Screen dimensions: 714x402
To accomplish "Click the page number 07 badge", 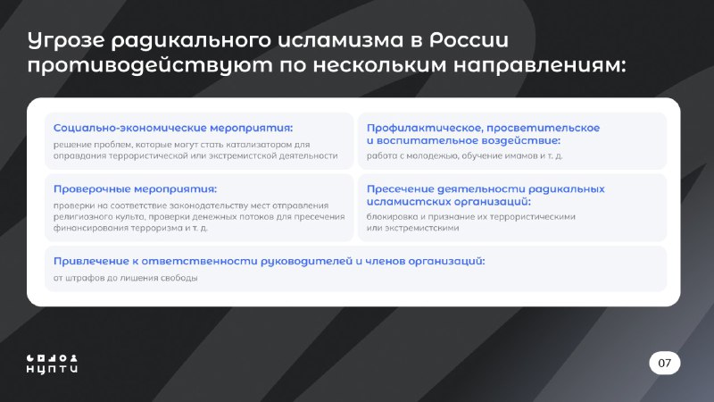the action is [x=664, y=363].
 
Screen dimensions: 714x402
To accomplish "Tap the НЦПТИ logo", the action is [x=52, y=364].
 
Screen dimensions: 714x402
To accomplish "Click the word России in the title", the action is [x=469, y=40].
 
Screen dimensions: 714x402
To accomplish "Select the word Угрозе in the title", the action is [x=66, y=41].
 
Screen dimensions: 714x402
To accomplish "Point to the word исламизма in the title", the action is [x=341, y=40].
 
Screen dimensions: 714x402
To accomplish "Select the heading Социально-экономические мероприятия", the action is [x=173, y=128].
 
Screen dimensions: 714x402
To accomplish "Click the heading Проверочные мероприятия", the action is [x=136, y=189].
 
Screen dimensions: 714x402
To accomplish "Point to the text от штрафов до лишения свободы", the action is [x=125, y=278].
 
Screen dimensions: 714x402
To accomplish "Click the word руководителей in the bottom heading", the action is [x=306, y=261].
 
